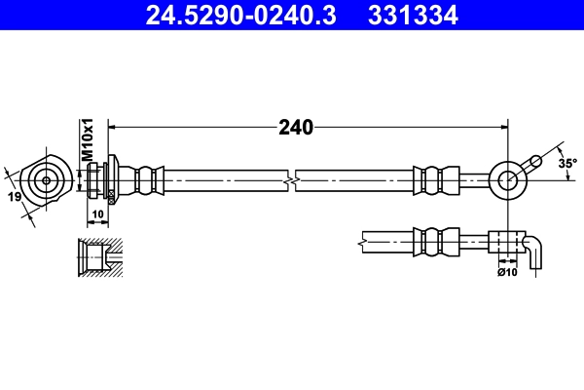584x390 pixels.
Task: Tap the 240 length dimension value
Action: click(295, 127)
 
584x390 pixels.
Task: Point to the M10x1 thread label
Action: click(86, 141)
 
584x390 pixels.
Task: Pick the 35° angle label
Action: click(566, 163)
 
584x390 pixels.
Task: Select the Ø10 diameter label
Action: click(506, 273)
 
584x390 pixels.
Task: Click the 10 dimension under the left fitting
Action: click(97, 214)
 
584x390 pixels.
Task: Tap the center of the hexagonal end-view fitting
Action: click(45, 179)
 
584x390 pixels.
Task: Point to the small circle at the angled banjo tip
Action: click(534, 161)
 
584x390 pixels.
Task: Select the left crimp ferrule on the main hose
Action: click(147, 179)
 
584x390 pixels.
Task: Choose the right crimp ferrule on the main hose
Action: click(435, 179)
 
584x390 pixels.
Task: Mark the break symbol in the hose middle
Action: click(290, 180)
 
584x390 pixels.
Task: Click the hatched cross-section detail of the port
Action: click(98, 257)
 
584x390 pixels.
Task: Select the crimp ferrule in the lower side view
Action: click(435, 240)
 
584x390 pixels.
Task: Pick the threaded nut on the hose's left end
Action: click(93, 179)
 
